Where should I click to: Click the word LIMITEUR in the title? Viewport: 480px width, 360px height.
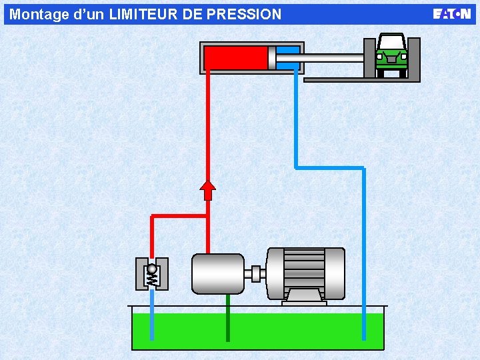click(x=143, y=15)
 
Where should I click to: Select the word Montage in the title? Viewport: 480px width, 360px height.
click(x=39, y=15)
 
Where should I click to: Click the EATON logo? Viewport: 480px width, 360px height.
click(x=451, y=14)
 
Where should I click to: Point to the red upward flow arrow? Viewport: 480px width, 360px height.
click(x=207, y=191)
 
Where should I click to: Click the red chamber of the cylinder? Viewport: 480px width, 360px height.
click(x=236, y=58)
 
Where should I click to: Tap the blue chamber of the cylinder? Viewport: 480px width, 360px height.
click(x=288, y=58)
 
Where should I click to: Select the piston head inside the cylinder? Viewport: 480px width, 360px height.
click(x=272, y=58)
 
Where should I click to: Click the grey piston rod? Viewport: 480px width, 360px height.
click(x=320, y=58)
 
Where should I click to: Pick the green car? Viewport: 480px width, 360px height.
click(x=391, y=55)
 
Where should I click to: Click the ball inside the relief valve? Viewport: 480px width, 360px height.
click(x=152, y=269)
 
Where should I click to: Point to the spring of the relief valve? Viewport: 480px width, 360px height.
click(x=152, y=280)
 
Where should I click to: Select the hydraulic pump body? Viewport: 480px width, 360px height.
click(x=218, y=274)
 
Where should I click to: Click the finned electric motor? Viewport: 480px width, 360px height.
click(x=305, y=274)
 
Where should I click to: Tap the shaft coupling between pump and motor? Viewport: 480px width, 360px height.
click(x=255, y=274)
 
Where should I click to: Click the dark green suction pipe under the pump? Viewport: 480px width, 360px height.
click(x=228, y=318)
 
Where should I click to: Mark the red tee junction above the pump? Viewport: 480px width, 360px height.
click(x=208, y=216)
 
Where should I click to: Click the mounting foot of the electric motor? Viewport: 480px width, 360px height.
click(x=304, y=299)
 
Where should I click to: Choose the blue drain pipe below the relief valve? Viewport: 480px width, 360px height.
click(x=152, y=315)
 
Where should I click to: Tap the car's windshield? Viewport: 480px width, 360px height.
click(x=391, y=41)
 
